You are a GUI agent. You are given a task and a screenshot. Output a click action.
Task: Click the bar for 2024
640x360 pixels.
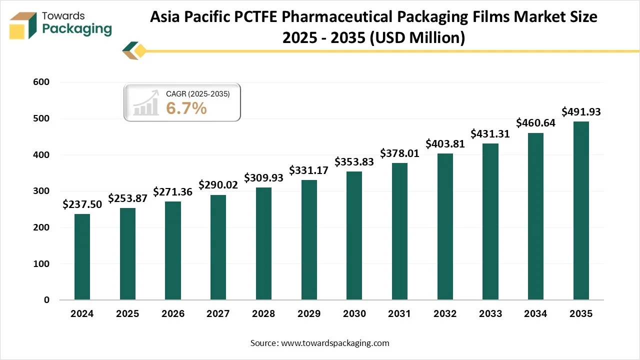[x=82, y=257]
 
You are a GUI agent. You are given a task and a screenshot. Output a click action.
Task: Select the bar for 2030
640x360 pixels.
[x=354, y=235]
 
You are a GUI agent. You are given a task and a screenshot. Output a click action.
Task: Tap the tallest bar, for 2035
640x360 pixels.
[x=581, y=210]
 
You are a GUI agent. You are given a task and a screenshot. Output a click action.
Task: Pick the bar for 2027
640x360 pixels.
[x=218, y=247]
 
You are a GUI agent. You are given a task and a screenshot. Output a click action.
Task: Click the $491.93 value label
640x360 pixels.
[x=581, y=111]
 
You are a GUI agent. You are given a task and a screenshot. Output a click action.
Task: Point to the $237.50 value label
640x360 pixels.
[x=82, y=204]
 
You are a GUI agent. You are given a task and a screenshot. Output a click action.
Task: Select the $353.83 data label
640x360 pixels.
[x=354, y=161]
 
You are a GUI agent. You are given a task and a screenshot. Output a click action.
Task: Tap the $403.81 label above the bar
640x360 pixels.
[x=445, y=143]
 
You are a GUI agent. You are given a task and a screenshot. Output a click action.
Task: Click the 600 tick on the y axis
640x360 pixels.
[x=42, y=82]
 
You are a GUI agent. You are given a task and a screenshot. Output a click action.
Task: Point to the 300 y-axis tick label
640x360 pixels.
[x=42, y=191]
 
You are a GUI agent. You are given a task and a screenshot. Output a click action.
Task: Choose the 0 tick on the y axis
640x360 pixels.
[x=46, y=300]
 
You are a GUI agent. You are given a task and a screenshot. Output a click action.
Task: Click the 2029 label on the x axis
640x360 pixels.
[x=309, y=314]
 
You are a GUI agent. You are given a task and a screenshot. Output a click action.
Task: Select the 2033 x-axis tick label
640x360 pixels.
[x=490, y=314]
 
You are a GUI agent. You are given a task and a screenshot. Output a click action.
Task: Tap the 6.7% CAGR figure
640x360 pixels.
[x=186, y=107]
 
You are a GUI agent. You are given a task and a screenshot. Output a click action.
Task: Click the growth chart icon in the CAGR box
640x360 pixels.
[x=146, y=104]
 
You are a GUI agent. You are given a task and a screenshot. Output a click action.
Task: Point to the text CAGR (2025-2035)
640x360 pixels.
[x=197, y=93]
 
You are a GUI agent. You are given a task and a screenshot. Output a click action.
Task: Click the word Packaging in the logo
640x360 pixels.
[x=77, y=29]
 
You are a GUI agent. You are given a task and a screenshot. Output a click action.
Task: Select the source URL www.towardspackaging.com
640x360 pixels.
[x=335, y=343]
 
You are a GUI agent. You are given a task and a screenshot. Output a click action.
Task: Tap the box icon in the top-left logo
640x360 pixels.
[x=23, y=25]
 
